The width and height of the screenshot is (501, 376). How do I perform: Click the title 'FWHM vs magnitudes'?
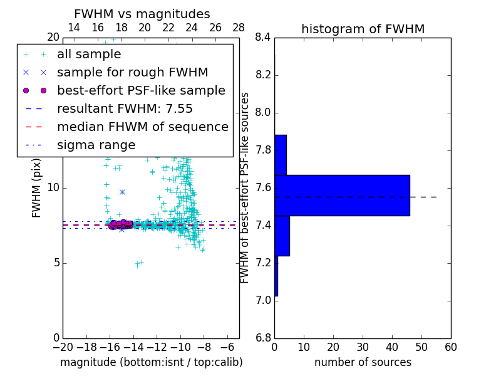[x=142, y=14]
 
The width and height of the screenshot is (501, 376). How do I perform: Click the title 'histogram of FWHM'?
[x=363, y=29]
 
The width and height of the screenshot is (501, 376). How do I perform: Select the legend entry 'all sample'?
[x=89, y=55]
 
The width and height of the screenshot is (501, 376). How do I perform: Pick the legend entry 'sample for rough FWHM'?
[x=132, y=72]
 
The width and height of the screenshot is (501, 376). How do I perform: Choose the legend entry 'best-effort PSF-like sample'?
[x=141, y=90]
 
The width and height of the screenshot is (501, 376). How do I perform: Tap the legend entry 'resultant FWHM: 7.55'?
[x=125, y=108]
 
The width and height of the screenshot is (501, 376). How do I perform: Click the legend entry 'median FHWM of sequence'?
[x=142, y=127]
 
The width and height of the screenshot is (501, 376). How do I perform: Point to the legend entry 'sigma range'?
[x=96, y=145]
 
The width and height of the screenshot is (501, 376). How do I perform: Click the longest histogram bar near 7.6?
[x=342, y=196]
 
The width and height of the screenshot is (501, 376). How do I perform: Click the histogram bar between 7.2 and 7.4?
[x=282, y=236]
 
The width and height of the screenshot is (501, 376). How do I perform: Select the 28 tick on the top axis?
[x=239, y=28]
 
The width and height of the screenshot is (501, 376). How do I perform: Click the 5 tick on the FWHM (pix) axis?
[x=54, y=263]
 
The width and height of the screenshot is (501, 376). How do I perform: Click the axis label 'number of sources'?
[x=363, y=362]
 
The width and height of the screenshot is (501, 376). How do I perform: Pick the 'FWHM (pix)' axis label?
[x=37, y=188]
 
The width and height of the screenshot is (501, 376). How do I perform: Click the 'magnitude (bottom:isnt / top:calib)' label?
[x=151, y=362]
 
